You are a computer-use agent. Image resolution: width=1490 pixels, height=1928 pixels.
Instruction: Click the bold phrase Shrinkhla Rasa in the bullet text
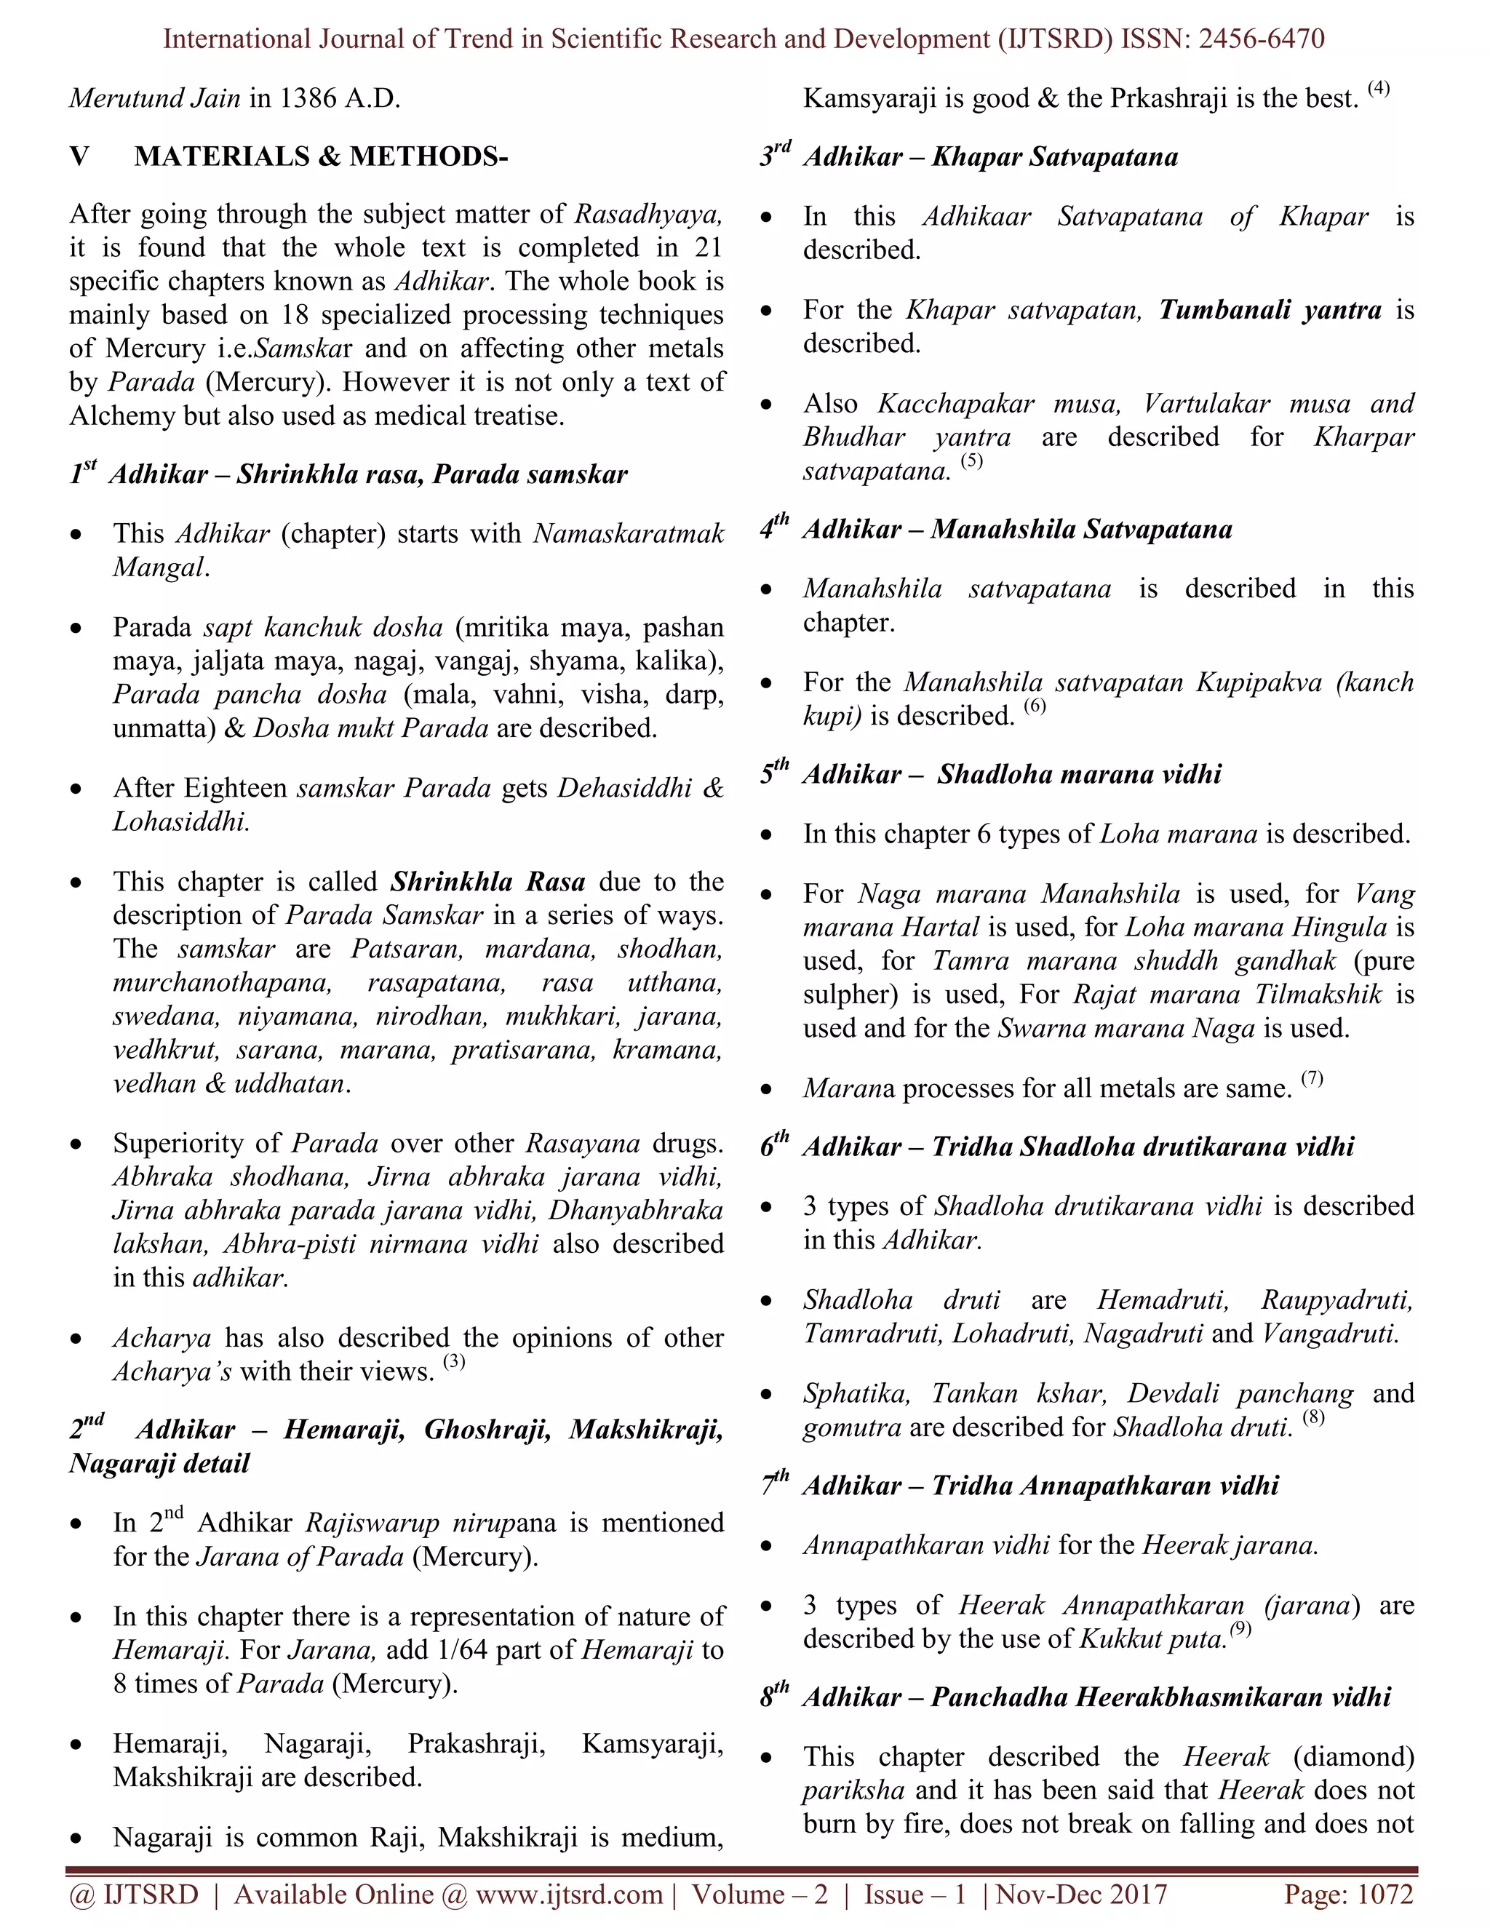click(488, 882)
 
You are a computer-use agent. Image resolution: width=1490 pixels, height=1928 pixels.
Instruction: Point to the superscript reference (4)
click(1378, 87)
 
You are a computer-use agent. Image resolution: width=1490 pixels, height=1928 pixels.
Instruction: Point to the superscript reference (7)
click(1312, 1078)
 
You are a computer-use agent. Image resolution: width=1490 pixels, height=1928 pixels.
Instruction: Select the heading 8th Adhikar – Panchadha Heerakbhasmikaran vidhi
click(1075, 1697)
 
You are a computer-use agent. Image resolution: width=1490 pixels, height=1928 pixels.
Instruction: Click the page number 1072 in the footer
click(1385, 1895)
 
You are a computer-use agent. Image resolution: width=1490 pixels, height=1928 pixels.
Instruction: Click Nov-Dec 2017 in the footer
click(1082, 1895)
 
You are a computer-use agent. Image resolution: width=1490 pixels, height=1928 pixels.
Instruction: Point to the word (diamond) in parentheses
click(1353, 1757)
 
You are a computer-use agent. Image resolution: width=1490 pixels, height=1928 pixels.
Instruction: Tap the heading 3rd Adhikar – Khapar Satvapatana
click(969, 156)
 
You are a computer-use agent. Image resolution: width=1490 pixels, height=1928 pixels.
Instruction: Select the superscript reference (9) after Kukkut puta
click(1241, 1629)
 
